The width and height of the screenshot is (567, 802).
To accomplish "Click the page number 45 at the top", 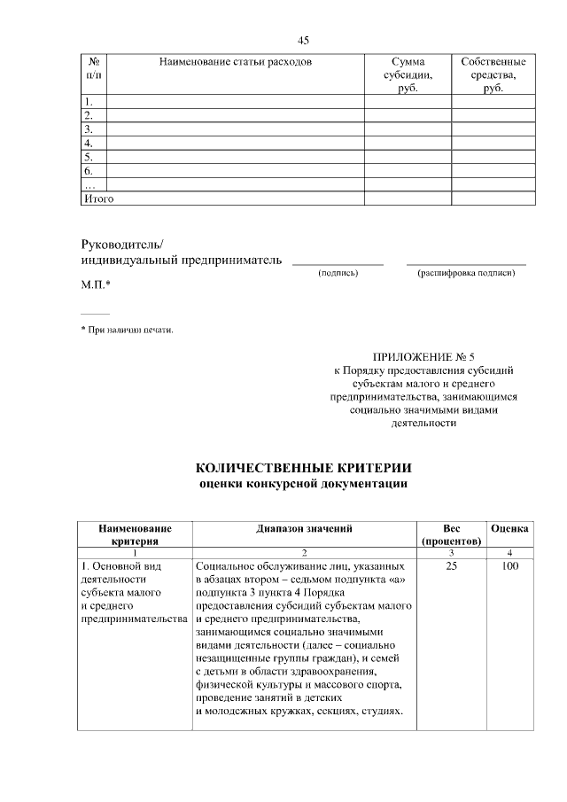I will [x=303, y=41].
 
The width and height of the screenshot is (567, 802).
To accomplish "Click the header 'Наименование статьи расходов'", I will [x=235, y=62].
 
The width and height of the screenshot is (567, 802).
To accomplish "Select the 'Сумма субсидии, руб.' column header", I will [x=408, y=76].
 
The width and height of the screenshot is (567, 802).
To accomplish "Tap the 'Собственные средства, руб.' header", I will [x=493, y=76].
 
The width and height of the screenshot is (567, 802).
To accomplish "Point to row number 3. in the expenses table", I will [x=89, y=128].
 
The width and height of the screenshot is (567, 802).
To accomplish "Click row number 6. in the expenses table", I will [x=89, y=170].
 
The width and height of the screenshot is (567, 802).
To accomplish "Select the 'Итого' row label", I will [x=97, y=199].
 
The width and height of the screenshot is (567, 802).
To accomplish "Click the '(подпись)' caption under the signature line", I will [x=338, y=273].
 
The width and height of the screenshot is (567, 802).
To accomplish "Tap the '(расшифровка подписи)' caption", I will [x=466, y=273].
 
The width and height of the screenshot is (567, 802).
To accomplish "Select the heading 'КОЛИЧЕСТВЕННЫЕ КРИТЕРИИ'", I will [x=303, y=467].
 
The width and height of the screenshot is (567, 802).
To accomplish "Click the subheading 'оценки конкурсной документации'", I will [x=303, y=484].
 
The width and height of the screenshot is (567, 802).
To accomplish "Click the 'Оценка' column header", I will [x=509, y=527].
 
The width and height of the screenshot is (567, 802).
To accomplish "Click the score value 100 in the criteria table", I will [x=509, y=565].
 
